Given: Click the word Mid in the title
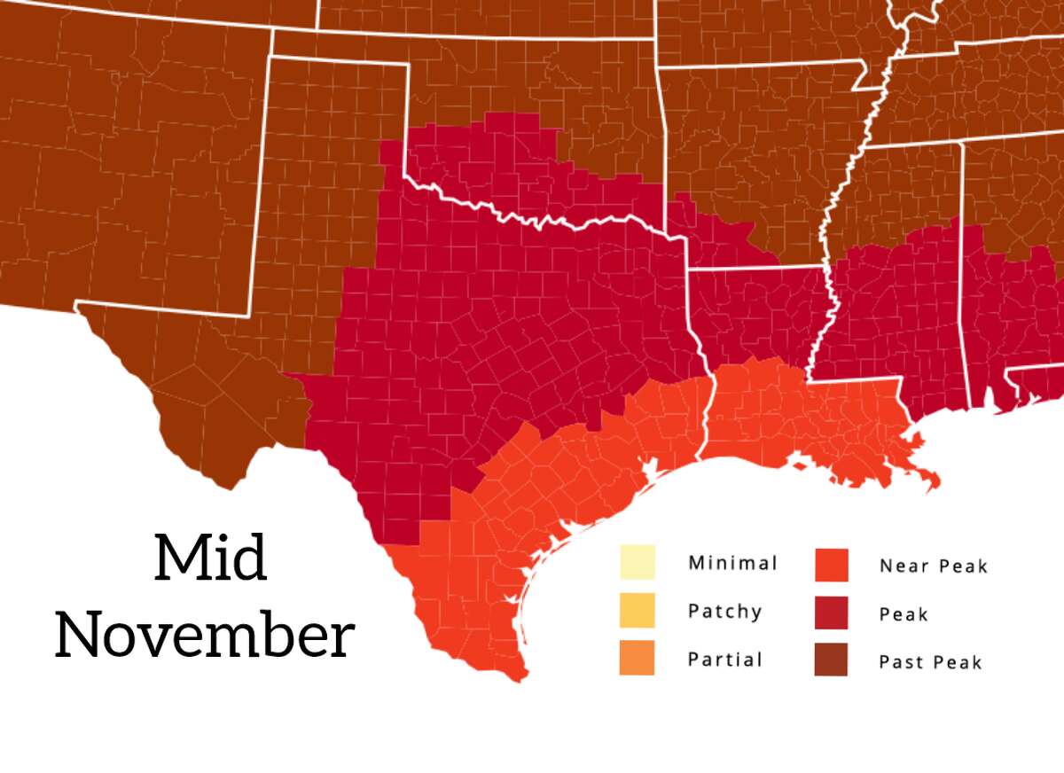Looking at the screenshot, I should click(x=210, y=558).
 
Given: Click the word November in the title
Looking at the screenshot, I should click(x=205, y=635).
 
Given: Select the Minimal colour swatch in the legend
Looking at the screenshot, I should click(x=637, y=563).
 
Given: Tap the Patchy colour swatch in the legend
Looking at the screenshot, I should click(x=637, y=611).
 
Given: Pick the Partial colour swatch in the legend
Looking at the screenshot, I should click(x=637, y=659).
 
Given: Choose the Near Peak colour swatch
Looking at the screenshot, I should click(x=831, y=565).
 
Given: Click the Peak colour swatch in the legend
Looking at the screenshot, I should click(x=831, y=613).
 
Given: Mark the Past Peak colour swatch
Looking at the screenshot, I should click(x=831, y=660).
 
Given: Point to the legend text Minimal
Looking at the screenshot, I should click(x=732, y=563).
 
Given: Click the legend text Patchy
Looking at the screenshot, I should click(x=724, y=612).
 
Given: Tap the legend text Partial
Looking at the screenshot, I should click(x=724, y=660).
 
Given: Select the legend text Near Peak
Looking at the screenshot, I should click(x=933, y=566).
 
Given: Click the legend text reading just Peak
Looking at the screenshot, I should click(x=903, y=614).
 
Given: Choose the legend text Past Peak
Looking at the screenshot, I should click(x=930, y=661).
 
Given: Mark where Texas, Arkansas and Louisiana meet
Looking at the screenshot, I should click(x=690, y=267).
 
